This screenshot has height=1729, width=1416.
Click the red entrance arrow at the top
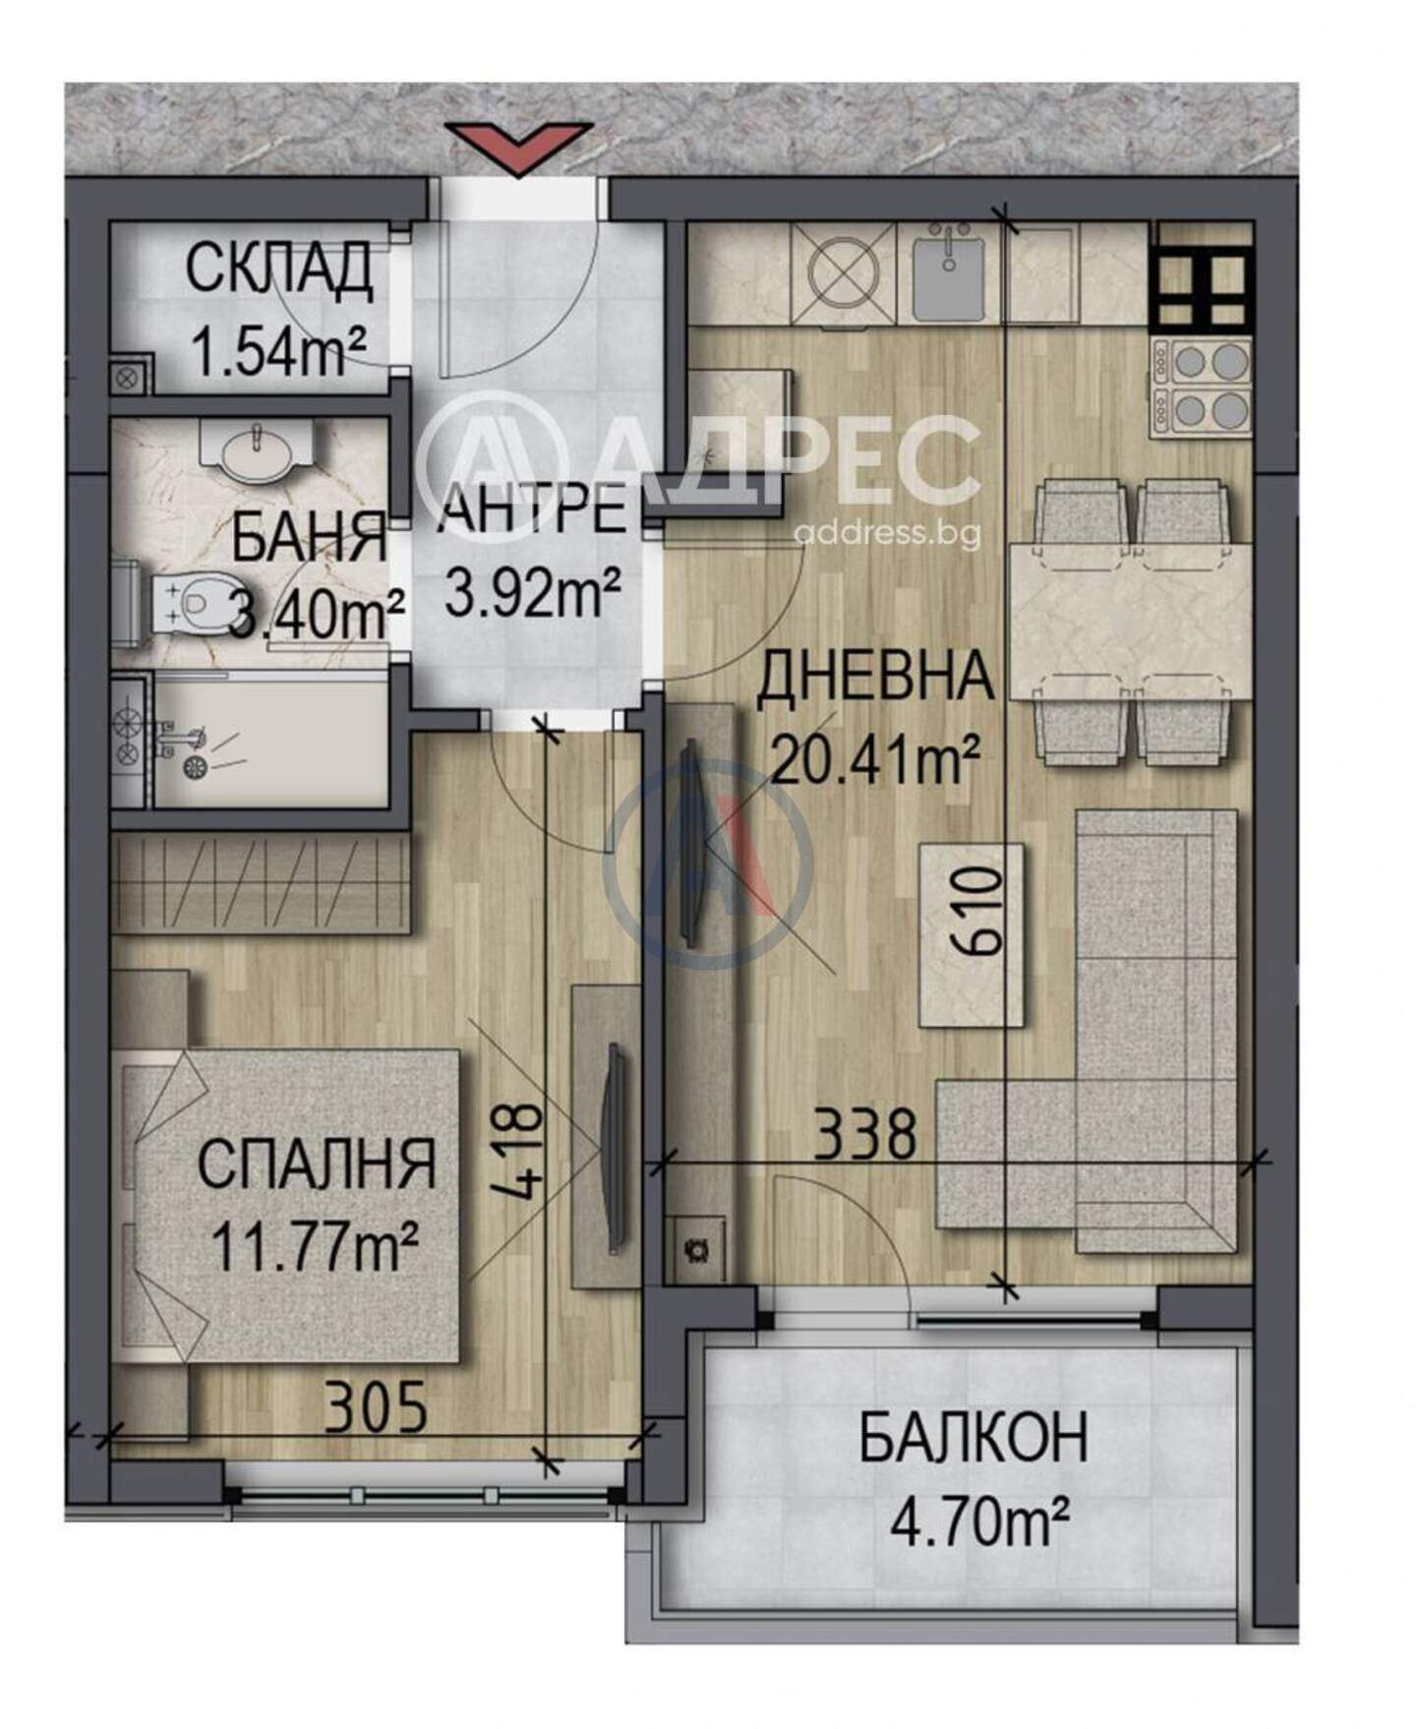click(x=518, y=146)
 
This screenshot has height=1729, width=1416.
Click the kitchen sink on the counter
click(x=946, y=271)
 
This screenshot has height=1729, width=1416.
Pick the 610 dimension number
click(x=978, y=911)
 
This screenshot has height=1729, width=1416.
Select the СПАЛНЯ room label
click(x=317, y=1163)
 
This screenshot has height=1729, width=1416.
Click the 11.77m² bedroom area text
click(x=317, y=1245)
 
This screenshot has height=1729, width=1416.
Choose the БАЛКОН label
click(x=973, y=1438)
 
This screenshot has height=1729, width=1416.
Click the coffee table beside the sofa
click(x=972, y=934)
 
